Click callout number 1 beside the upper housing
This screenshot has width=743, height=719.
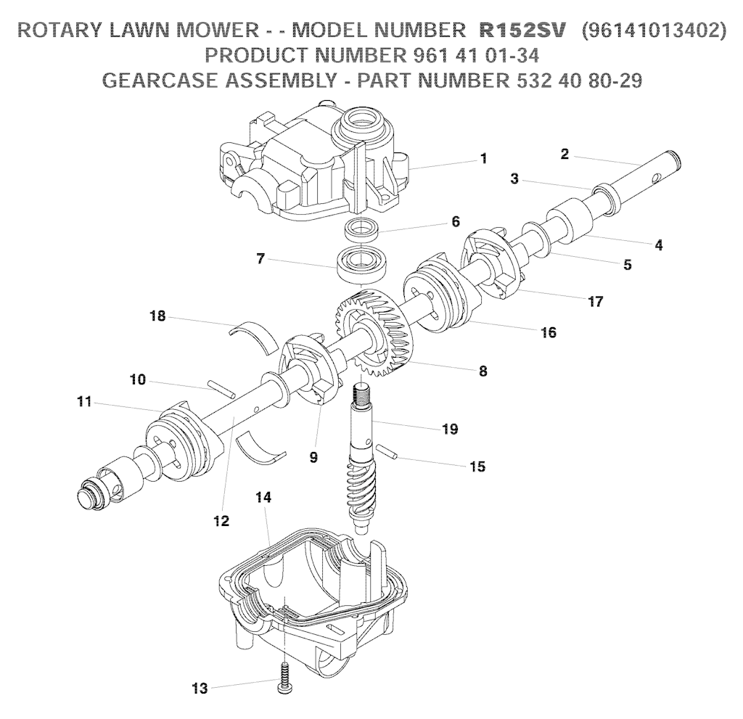tap(483, 158)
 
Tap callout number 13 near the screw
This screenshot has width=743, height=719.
tap(200, 688)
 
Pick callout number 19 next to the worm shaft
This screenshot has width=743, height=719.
tap(450, 429)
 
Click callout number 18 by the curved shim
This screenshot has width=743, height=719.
tap(157, 316)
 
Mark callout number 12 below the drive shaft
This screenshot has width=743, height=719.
tap(221, 521)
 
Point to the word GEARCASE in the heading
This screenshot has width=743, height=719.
tap(159, 80)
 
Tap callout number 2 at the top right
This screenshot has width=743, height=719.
tap(565, 154)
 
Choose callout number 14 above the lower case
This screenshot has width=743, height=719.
tap(263, 497)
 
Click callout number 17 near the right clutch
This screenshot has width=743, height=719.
tap(595, 301)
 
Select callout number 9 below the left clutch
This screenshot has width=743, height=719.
tap(313, 457)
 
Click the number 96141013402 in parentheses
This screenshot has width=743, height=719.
tap(654, 30)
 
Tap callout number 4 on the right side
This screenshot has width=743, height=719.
tap(659, 245)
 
